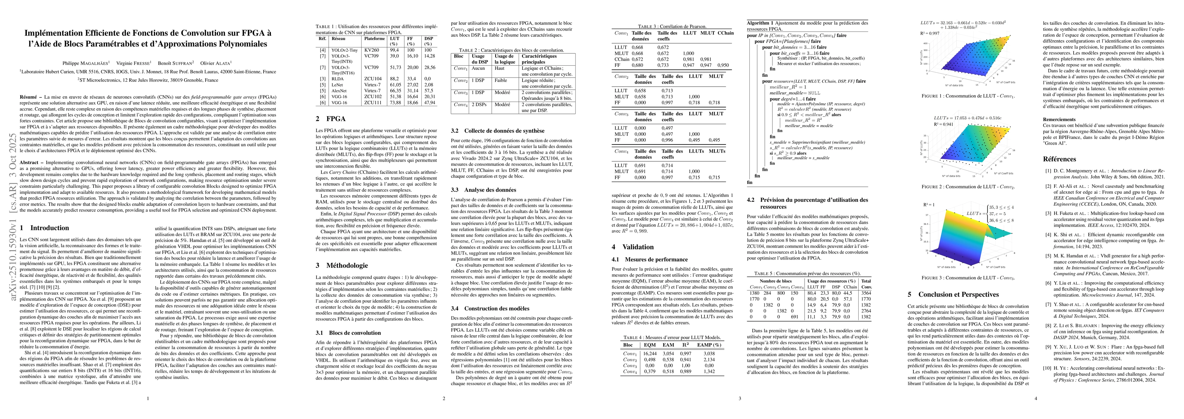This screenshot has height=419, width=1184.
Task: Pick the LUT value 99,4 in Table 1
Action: tap(393, 50)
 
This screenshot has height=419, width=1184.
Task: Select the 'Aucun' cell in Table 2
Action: tap(478, 68)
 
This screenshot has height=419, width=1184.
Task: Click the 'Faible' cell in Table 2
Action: tap(501, 80)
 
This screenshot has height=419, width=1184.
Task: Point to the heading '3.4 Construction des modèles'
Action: tap(490, 308)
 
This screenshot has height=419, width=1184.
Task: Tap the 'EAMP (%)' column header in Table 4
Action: tap(709, 345)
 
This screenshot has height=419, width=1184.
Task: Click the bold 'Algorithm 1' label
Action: tap(760, 23)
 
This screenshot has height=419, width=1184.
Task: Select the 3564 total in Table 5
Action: tap(866, 293)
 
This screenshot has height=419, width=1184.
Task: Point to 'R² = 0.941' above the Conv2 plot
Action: tap(930, 124)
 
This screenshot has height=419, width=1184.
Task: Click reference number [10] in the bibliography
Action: tap(1048, 368)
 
